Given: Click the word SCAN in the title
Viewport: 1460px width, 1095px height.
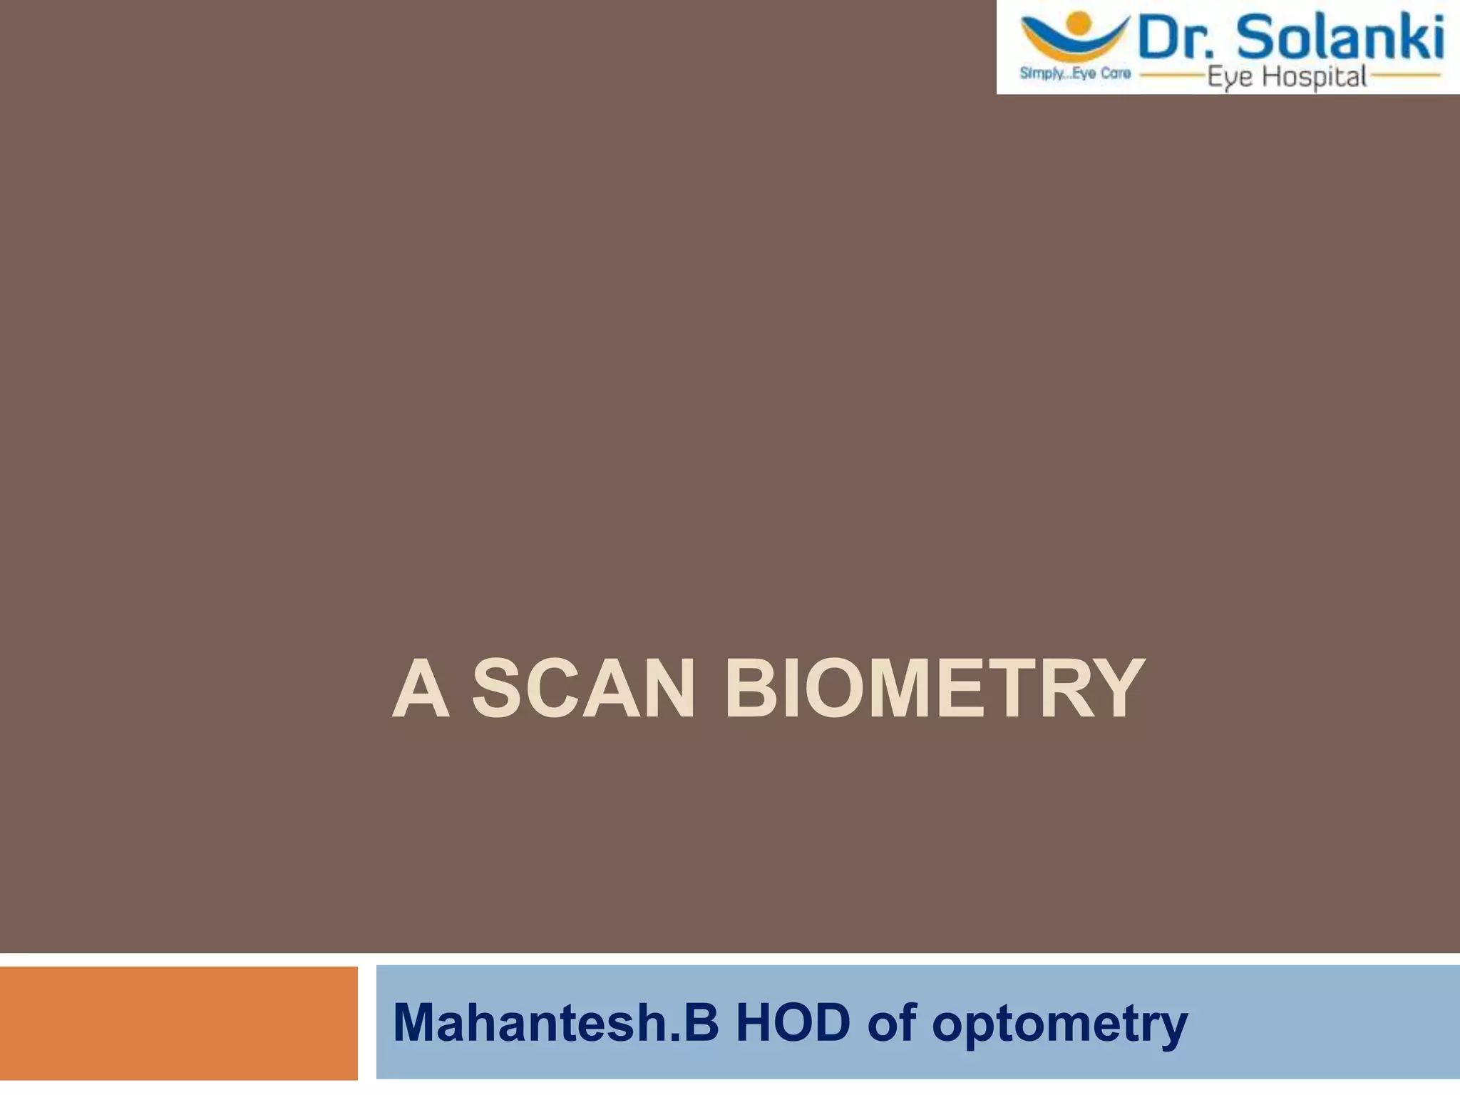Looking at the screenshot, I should click(x=582, y=689).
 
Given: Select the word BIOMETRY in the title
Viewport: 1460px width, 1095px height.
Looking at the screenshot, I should click(x=934, y=689).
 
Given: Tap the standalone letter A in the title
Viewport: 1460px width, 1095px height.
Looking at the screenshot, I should click(x=421, y=689).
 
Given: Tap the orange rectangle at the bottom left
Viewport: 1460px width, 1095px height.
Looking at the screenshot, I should click(x=178, y=1023).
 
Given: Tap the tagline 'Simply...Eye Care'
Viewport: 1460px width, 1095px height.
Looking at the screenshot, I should click(x=1075, y=73).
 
